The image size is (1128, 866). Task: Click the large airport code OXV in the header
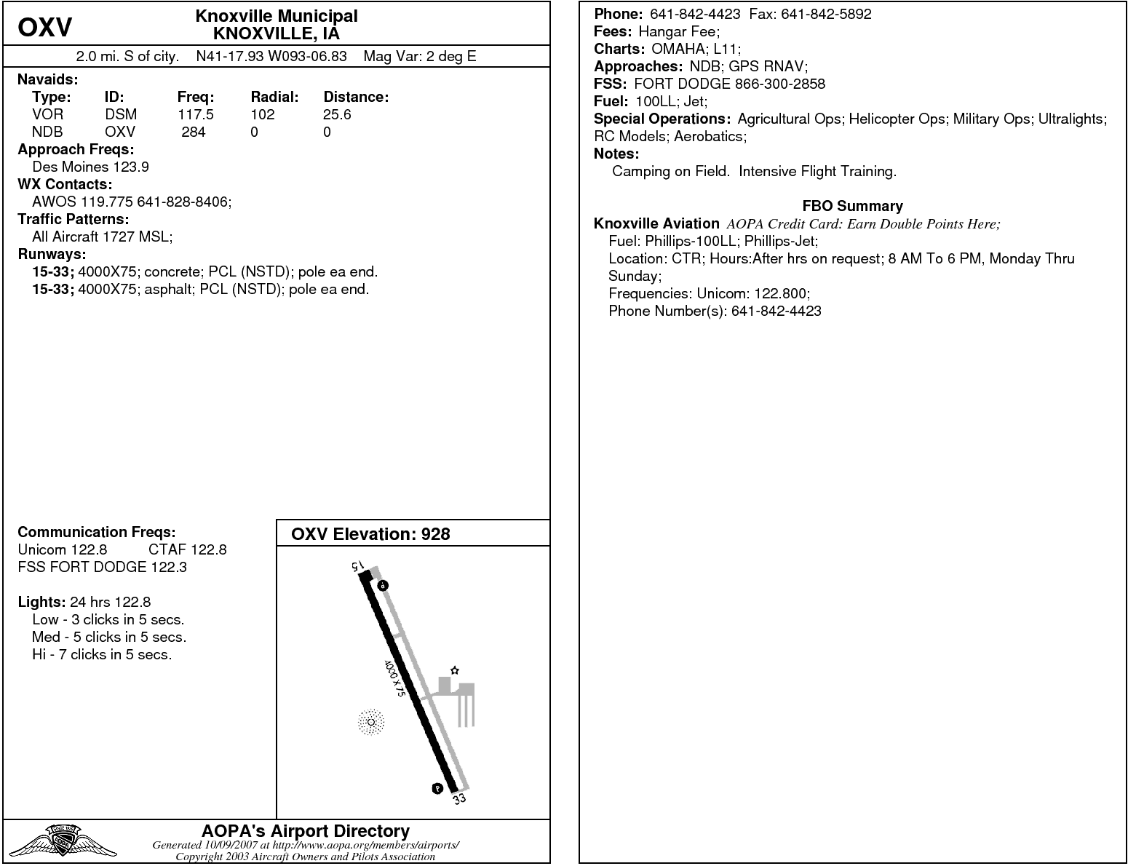(x=45, y=28)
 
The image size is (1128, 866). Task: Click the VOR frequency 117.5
(x=196, y=114)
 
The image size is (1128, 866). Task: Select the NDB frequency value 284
(x=194, y=132)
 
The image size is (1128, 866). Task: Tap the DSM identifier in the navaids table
(x=121, y=114)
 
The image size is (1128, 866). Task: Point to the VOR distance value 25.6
(x=337, y=114)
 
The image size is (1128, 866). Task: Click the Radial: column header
(x=275, y=97)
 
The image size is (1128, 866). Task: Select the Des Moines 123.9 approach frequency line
(x=90, y=167)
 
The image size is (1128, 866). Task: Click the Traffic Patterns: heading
(x=73, y=219)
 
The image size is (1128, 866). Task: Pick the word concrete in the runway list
(x=172, y=271)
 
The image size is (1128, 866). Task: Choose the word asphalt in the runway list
(x=168, y=289)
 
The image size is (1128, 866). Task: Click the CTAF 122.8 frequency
(x=188, y=549)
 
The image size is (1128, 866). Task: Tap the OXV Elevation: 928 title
(x=370, y=534)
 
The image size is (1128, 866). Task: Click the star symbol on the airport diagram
(x=455, y=670)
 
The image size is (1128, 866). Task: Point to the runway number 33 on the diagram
(x=459, y=799)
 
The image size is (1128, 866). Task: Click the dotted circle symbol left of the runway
(x=371, y=722)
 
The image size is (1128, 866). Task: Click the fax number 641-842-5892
(x=826, y=14)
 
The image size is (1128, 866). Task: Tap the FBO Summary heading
(x=852, y=206)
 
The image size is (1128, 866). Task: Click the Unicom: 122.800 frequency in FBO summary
(x=752, y=293)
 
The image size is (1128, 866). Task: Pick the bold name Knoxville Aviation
(x=656, y=223)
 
